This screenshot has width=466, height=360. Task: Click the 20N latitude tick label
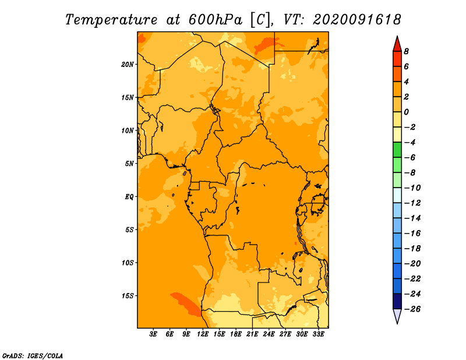click(x=128, y=65)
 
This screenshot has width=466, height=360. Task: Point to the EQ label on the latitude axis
click(x=129, y=197)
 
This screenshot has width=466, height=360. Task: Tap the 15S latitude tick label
click(x=128, y=296)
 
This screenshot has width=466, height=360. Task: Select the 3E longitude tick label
click(x=153, y=334)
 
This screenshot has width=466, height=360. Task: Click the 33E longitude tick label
click(x=318, y=334)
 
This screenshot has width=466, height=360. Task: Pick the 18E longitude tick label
click(x=236, y=334)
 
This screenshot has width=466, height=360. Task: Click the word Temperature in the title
click(x=111, y=20)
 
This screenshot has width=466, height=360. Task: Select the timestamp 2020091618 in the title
click(x=357, y=20)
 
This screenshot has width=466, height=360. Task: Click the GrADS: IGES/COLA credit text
click(x=33, y=356)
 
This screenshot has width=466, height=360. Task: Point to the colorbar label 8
click(x=406, y=51)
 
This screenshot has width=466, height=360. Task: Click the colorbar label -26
click(x=412, y=309)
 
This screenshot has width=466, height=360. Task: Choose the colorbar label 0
click(x=406, y=112)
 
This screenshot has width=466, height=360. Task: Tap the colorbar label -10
click(x=412, y=188)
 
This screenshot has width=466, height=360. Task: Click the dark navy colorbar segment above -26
click(x=397, y=301)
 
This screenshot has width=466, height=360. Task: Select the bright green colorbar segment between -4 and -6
click(x=397, y=150)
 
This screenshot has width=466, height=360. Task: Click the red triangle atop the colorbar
click(x=397, y=44)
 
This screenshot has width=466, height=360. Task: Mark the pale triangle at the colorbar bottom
click(x=397, y=316)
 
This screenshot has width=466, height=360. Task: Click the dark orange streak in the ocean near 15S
click(x=186, y=304)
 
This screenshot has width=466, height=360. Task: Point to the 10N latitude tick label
click(x=128, y=130)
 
